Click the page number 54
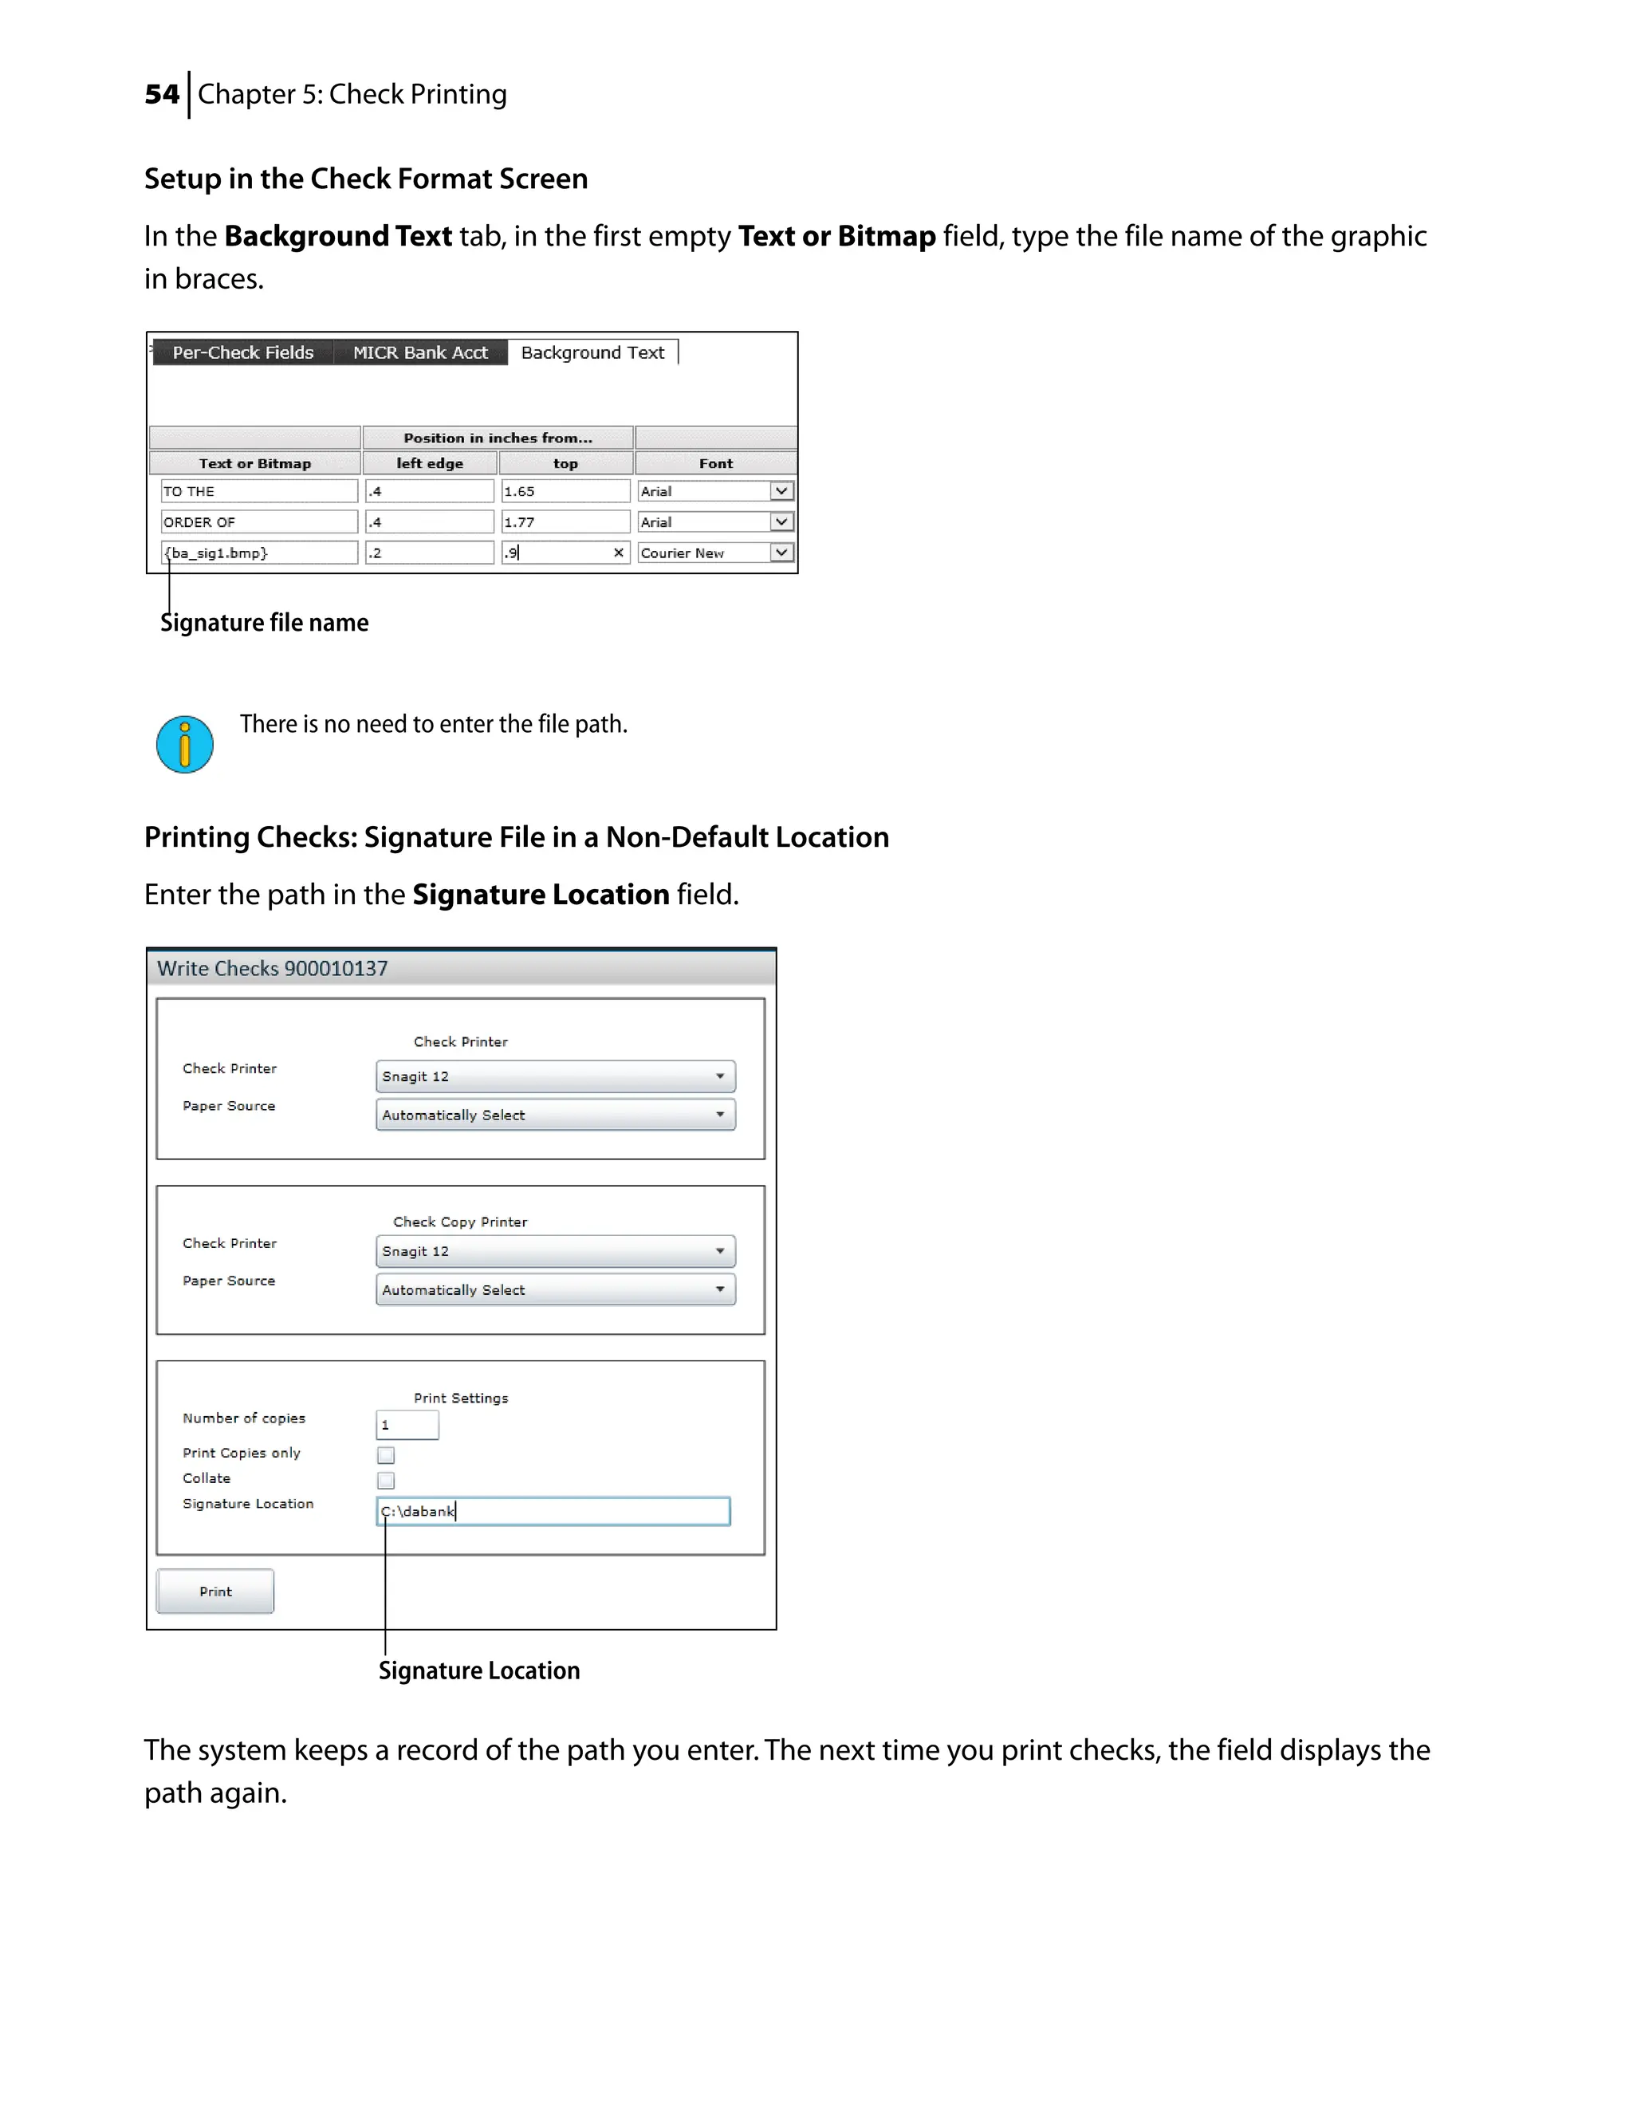(162, 95)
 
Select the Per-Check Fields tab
(243, 352)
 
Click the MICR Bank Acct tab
(420, 352)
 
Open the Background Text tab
(592, 352)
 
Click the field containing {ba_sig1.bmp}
(258, 553)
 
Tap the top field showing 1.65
(565, 491)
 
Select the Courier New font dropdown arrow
(781, 553)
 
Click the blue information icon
(185, 744)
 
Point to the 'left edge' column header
(430, 463)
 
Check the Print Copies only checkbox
(386, 1455)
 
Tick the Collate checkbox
(386, 1480)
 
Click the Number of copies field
(407, 1425)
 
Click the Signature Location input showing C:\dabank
(553, 1511)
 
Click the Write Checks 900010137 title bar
(461, 969)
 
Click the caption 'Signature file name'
(264, 623)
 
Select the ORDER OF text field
(258, 522)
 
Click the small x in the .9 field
(618, 553)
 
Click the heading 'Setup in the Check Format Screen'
(366, 179)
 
